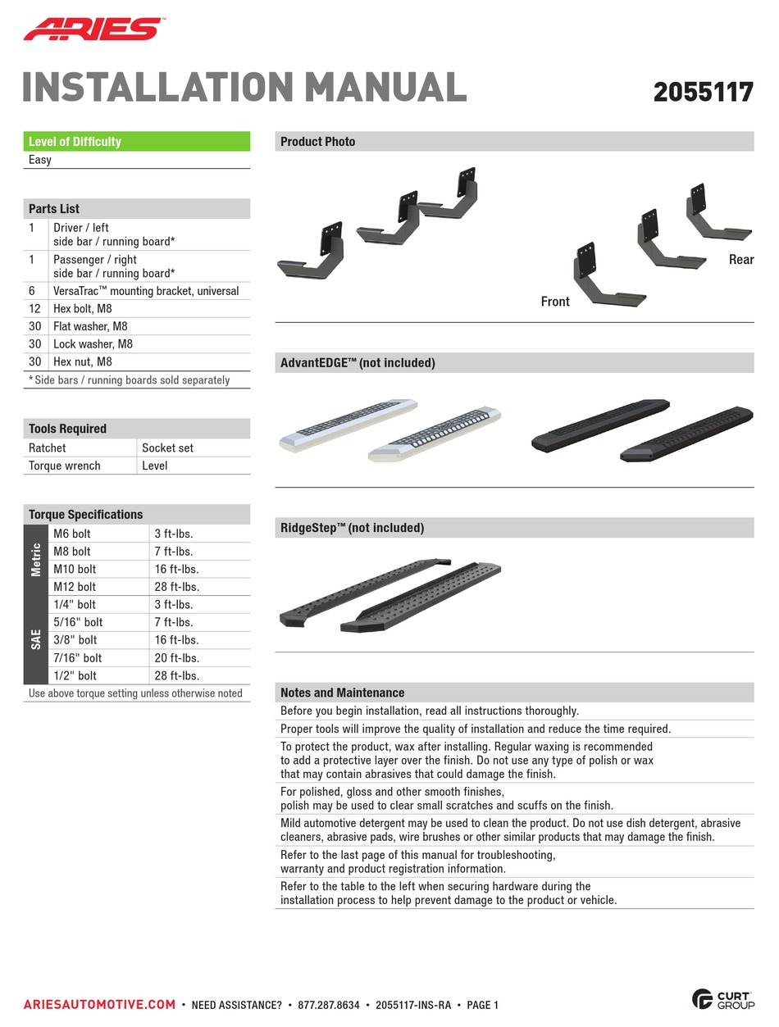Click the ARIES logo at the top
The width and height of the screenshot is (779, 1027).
tap(92, 30)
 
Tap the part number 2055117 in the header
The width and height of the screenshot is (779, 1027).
tap(703, 92)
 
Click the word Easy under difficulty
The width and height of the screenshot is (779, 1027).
tap(40, 160)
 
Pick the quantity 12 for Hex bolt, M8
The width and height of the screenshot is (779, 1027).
tap(34, 309)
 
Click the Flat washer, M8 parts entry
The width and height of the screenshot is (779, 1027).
tap(90, 326)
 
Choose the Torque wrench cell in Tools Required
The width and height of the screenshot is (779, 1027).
tap(65, 466)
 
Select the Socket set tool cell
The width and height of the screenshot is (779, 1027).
tap(168, 448)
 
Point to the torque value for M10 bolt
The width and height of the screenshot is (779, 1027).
tap(176, 569)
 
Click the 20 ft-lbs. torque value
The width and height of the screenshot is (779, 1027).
tap(176, 658)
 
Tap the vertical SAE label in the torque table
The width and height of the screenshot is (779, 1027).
tap(36, 640)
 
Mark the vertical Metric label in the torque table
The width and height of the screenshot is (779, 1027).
tap(36, 560)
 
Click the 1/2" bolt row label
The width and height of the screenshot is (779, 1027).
tap(75, 676)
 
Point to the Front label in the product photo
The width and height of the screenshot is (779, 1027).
tap(555, 302)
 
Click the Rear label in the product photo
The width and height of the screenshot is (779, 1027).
tap(740, 260)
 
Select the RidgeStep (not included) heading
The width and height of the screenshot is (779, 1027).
tap(353, 529)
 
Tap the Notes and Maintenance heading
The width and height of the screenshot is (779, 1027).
tap(342, 693)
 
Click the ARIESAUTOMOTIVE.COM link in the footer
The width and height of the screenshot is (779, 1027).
tap(99, 1005)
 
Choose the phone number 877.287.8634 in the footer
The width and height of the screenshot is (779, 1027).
tap(328, 1005)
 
